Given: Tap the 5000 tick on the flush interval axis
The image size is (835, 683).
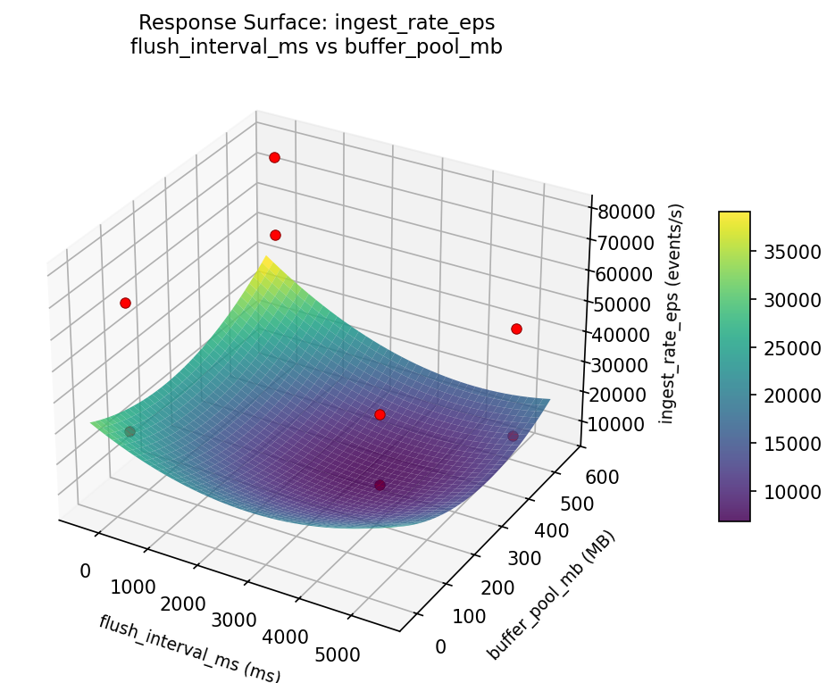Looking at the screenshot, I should tap(338, 654).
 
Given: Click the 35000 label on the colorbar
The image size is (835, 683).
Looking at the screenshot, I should tap(784, 252).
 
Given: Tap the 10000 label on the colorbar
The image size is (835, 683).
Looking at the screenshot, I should tap(784, 491).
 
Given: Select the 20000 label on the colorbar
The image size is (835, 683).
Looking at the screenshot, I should tap(784, 396).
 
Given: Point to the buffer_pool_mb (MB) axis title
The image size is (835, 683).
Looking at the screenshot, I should tap(551, 596).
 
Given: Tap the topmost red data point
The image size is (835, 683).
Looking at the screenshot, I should tap(274, 157).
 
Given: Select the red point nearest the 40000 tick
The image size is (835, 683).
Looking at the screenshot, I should tap(516, 329).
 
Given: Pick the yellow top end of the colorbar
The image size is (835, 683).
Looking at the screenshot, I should tap(734, 215).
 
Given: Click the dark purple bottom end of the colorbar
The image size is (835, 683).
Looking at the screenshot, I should tap(734, 517).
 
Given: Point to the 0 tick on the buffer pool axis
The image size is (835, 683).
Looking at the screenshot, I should tap(440, 646).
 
